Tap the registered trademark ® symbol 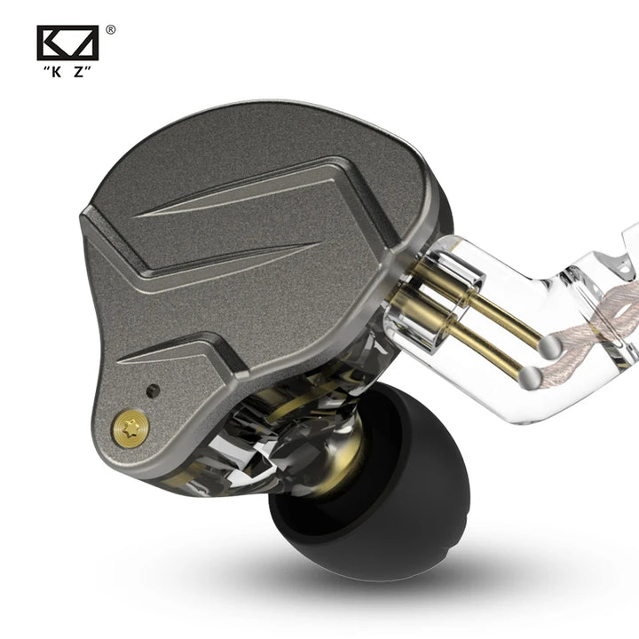(x=110, y=29)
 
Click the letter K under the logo (x=60, y=71)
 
